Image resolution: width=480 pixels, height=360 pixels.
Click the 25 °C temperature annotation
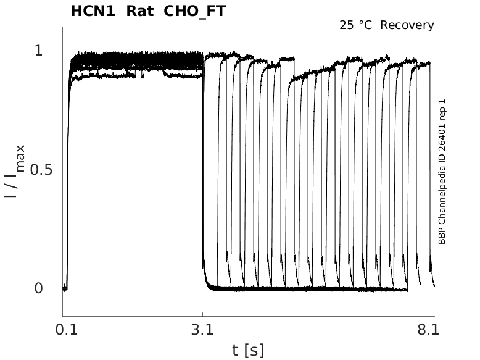point(357,25)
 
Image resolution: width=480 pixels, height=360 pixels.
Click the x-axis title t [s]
point(248,350)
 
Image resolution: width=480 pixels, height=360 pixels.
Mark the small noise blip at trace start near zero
point(64,288)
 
